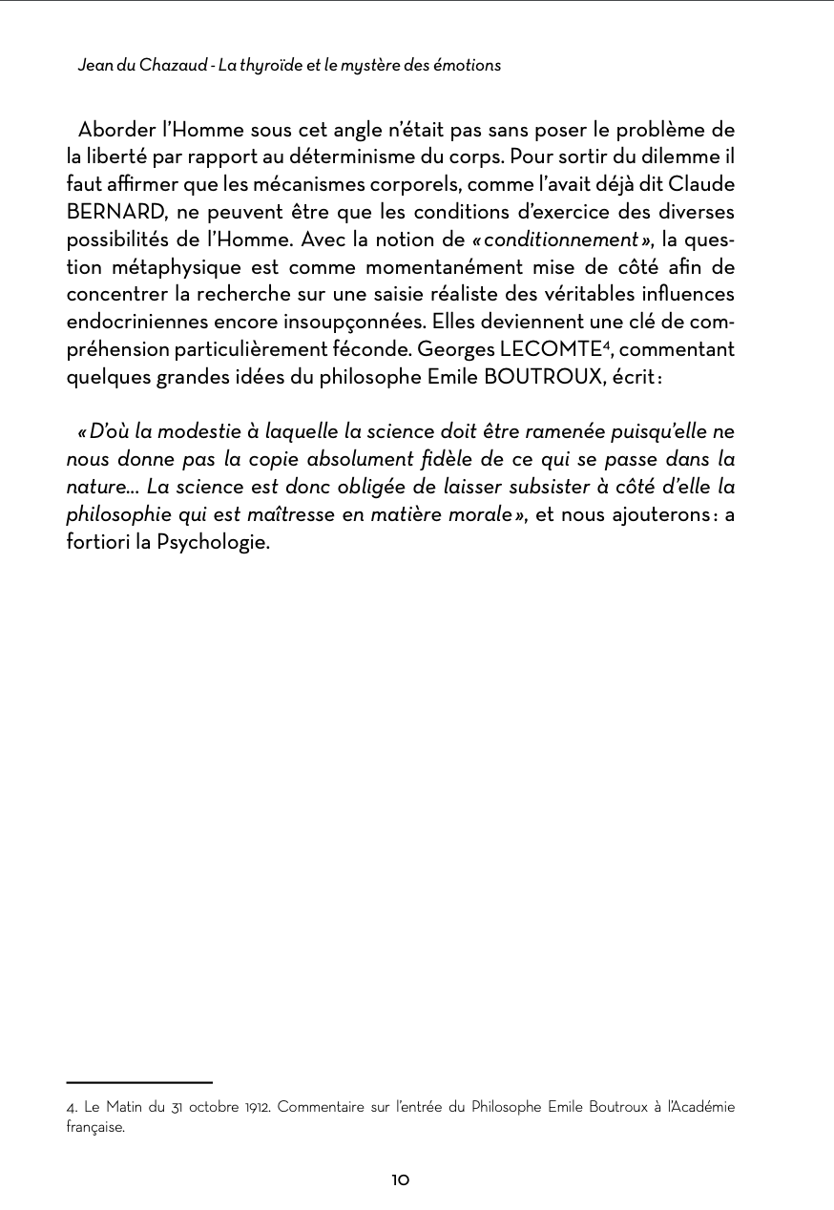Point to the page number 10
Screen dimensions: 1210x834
pyautogui.click(x=401, y=1180)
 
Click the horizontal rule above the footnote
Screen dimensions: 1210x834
pyautogui.click(x=139, y=1083)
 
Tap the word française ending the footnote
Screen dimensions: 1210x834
pyautogui.click(x=95, y=1127)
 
